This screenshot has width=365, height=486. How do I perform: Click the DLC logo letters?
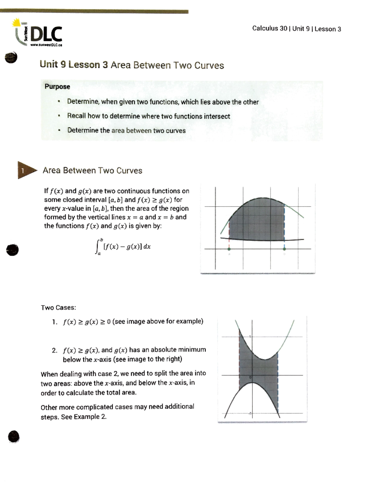(x=47, y=34)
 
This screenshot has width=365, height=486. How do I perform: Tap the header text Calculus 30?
(x=269, y=29)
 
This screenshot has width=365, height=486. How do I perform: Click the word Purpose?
(x=57, y=87)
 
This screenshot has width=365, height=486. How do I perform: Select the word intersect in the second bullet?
(x=217, y=116)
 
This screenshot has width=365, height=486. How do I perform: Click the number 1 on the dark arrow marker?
(x=22, y=171)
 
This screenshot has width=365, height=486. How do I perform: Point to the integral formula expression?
(x=123, y=247)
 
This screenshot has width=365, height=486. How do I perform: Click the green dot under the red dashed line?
(x=229, y=249)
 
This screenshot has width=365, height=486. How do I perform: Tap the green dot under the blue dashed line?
(x=284, y=249)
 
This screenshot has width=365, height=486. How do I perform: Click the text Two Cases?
(x=58, y=308)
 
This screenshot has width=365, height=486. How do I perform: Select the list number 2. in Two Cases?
(x=55, y=351)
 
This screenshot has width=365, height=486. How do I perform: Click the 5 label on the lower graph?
(x=250, y=337)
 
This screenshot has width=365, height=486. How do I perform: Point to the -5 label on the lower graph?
(x=250, y=413)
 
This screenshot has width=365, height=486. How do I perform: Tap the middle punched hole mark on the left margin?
(x=12, y=250)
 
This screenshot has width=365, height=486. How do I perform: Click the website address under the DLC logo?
(x=46, y=45)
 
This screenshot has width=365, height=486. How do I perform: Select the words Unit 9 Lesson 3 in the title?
(x=74, y=64)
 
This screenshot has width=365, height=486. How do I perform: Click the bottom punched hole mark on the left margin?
(x=14, y=437)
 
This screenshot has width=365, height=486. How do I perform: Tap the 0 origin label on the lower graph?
(x=250, y=377)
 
